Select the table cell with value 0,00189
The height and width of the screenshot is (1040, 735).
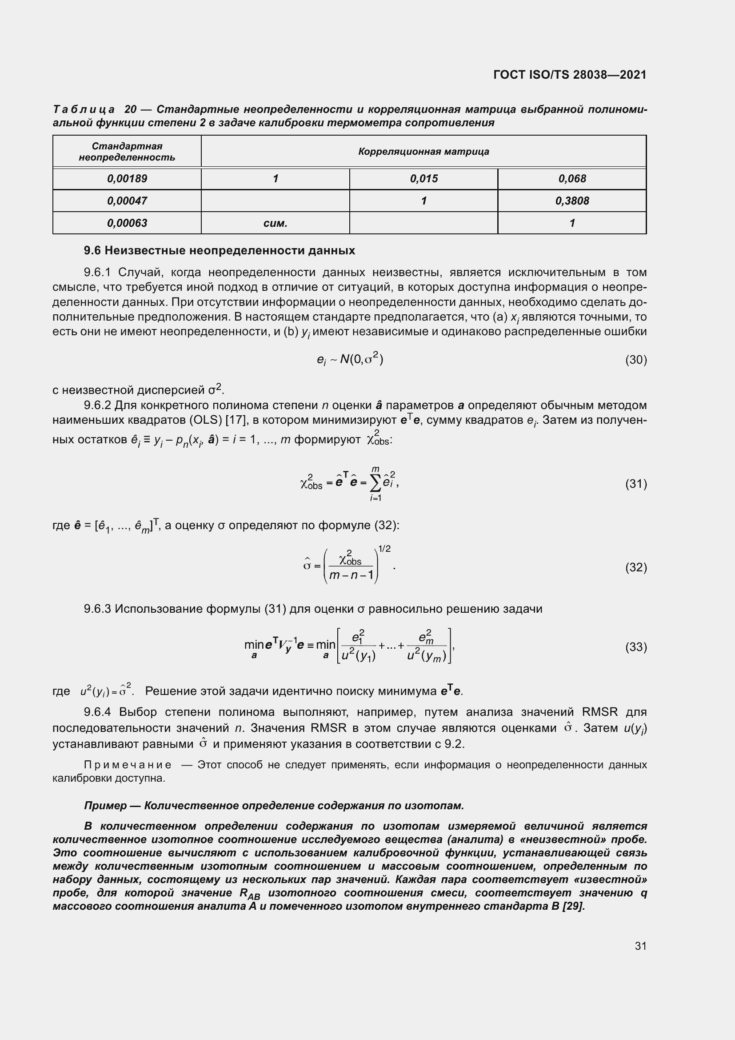[127, 178]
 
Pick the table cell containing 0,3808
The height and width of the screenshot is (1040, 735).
[571, 201]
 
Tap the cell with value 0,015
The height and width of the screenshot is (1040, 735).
[423, 178]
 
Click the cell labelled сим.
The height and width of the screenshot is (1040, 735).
[275, 223]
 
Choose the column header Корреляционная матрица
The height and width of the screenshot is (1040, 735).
[423, 151]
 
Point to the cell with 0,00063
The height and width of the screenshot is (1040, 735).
[127, 223]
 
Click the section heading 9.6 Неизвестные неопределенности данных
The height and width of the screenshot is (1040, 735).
[220, 250]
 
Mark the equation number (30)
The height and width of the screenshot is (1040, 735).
[635, 360]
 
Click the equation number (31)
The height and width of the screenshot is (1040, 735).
[635, 484]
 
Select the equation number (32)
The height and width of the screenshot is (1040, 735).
[635, 567]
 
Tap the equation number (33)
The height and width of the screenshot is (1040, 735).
[635, 647]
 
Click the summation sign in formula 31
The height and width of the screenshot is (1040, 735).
[375, 484]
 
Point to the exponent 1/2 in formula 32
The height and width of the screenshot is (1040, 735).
[384, 549]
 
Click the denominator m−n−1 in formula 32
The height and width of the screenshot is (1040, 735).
[351, 576]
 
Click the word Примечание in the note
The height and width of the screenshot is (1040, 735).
[128, 765]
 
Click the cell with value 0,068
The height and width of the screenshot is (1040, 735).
[571, 178]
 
